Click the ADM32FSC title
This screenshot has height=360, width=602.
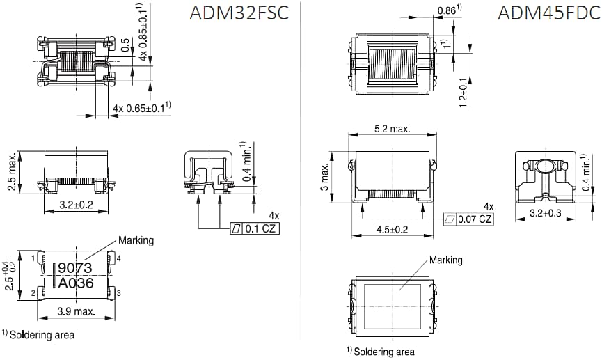click(x=239, y=15)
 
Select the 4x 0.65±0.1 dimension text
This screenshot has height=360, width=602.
click(x=142, y=108)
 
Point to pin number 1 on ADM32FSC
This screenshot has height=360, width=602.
click(x=33, y=258)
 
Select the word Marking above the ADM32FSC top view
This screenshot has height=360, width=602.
click(x=136, y=240)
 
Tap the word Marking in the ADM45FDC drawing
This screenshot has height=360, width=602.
click(x=445, y=260)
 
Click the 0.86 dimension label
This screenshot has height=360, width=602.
click(x=446, y=10)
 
